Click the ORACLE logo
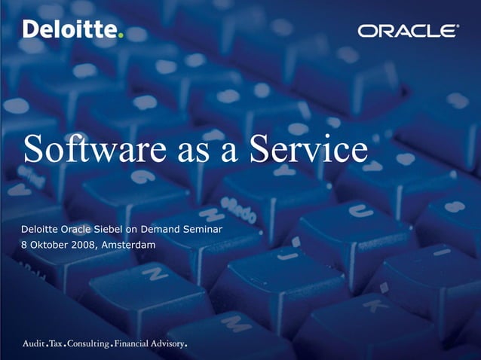point(408,31)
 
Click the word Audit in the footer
point(33,344)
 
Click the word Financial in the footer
point(136,344)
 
